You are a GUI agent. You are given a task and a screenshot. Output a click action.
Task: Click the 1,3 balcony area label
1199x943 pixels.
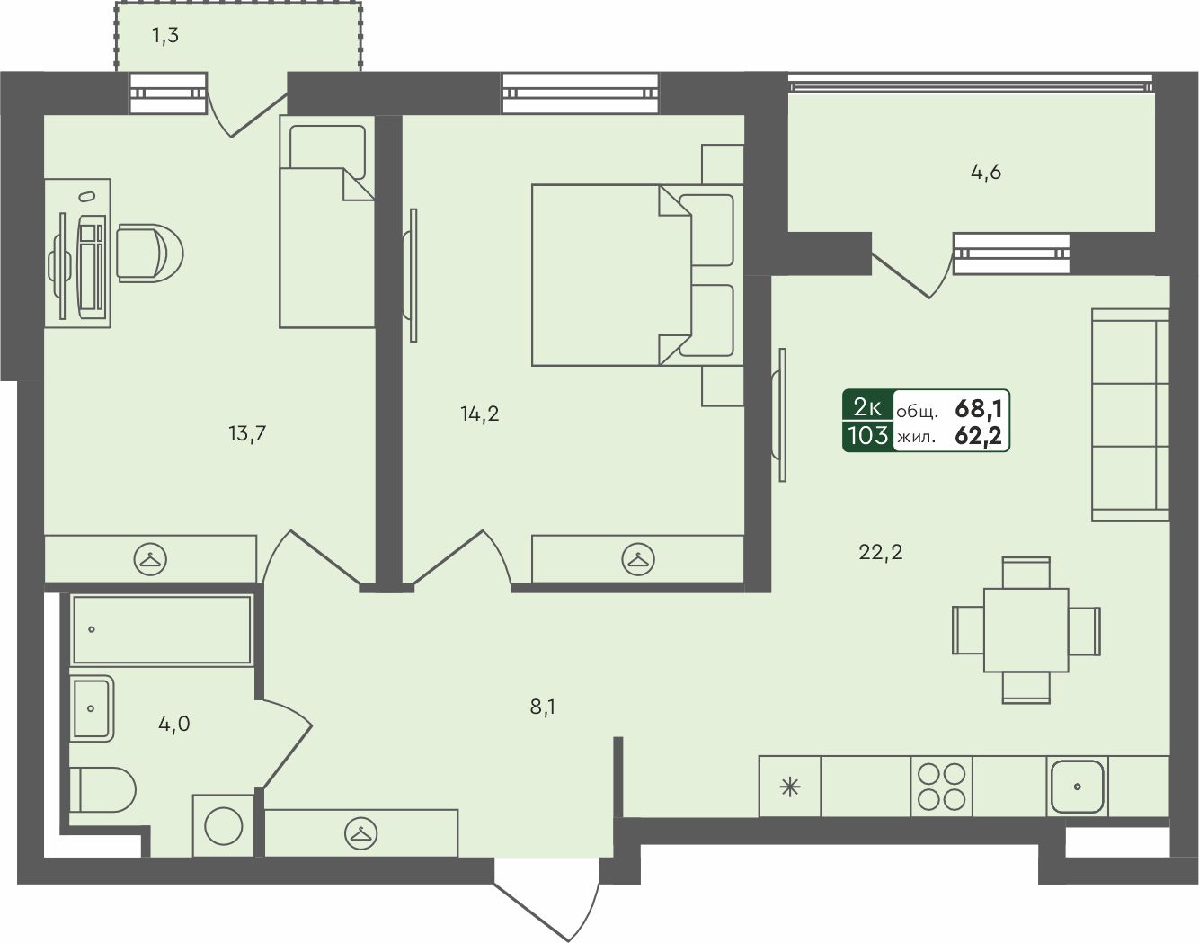click(164, 36)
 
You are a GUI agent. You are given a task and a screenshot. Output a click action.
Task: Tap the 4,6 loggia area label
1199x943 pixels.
click(986, 173)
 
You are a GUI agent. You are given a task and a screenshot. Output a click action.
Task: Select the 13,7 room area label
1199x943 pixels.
click(247, 433)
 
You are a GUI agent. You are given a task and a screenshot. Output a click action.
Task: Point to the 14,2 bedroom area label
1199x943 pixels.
click(480, 414)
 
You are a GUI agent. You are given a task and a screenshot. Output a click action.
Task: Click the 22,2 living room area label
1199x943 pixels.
click(880, 552)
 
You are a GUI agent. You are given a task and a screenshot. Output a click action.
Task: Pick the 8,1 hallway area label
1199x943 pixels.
click(543, 707)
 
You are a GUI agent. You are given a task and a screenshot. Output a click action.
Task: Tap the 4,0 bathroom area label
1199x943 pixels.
click(173, 724)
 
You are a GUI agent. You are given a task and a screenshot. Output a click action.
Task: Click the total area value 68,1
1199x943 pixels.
click(979, 409)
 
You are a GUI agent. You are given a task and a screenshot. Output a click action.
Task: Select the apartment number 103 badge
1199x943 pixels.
click(867, 435)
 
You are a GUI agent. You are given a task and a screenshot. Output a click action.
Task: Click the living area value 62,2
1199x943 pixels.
click(979, 436)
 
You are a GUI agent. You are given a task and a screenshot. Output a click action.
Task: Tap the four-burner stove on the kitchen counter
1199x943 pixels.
click(942, 787)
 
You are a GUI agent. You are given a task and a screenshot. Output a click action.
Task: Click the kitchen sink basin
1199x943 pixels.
click(1077, 787)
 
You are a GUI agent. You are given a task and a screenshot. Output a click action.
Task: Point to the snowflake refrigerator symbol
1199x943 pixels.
click(790, 787)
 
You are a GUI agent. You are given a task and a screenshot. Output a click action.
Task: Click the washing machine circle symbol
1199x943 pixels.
click(224, 826)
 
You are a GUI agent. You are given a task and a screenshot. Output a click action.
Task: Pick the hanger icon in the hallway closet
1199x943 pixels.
click(361, 833)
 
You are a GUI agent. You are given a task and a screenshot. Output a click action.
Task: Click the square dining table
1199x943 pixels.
click(1026, 630)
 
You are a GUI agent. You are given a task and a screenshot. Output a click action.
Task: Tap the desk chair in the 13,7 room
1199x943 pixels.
click(150, 253)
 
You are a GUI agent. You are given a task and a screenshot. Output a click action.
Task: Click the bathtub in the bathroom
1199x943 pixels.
click(162, 630)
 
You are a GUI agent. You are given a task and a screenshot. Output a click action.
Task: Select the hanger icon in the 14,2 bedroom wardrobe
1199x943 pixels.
click(638, 559)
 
